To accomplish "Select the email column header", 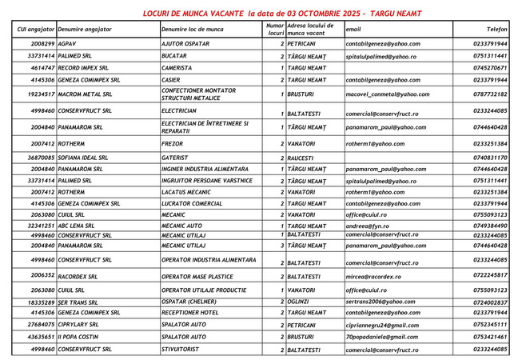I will tap(353, 29).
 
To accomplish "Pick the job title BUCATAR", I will tap(174, 57).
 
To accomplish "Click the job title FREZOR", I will tap(173, 143).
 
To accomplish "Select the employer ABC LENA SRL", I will tap(77, 226).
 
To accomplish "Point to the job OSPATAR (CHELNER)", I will tap(189, 302).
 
